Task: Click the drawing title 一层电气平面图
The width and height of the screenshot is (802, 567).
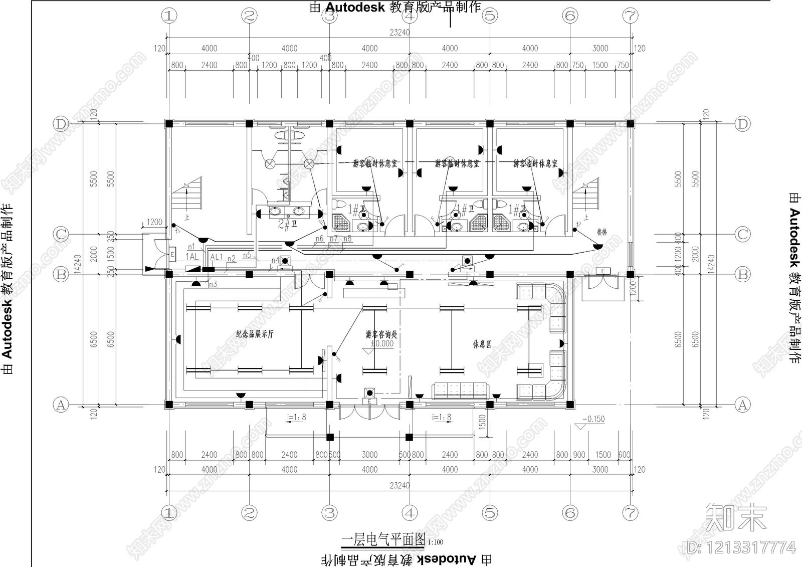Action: click(383, 539)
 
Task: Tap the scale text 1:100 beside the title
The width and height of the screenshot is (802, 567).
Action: click(436, 542)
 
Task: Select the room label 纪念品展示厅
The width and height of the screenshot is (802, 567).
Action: click(255, 334)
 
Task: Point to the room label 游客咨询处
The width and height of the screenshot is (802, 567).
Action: click(381, 334)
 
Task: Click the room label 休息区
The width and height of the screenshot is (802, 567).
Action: click(482, 344)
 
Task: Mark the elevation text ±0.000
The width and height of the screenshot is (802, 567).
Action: click(382, 344)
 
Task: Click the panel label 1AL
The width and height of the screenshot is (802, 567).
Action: click(192, 257)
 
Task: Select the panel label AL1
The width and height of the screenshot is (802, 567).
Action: click(216, 257)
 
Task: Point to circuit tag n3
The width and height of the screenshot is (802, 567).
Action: click(213, 284)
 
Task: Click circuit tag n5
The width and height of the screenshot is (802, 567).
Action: click(247, 255)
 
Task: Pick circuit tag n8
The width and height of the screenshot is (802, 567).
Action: click(347, 239)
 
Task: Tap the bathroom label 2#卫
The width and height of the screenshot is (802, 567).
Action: click(287, 224)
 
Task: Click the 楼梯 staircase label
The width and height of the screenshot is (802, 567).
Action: click(601, 232)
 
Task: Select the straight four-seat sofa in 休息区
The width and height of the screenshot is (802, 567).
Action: click(461, 391)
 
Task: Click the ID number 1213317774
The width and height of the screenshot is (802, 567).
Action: click(739, 547)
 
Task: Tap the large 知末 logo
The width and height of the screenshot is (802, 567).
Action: click(735, 517)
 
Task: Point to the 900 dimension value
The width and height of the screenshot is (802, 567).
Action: click(579, 455)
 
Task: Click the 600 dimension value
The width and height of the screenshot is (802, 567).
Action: click(624, 455)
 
